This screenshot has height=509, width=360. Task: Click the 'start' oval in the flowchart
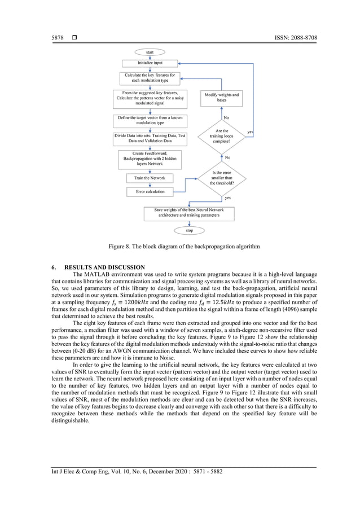(150, 52)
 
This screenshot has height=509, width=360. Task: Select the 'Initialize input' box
(150, 63)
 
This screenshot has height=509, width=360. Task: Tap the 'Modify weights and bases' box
(221, 98)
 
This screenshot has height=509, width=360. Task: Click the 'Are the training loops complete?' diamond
(221, 136)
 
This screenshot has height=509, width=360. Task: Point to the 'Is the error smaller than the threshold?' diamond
(221, 178)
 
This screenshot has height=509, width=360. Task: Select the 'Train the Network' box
(150, 178)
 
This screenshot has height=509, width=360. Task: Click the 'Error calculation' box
(150, 191)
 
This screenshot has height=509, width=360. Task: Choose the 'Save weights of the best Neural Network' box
(188, 213)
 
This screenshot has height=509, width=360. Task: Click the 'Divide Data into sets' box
(150, 139)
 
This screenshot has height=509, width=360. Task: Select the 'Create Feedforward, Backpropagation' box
(150, 159)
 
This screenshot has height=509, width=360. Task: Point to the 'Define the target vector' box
(150, 120)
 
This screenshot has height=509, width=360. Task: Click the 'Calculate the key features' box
(150, 78)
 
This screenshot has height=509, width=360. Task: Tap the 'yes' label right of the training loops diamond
(250, 132)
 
